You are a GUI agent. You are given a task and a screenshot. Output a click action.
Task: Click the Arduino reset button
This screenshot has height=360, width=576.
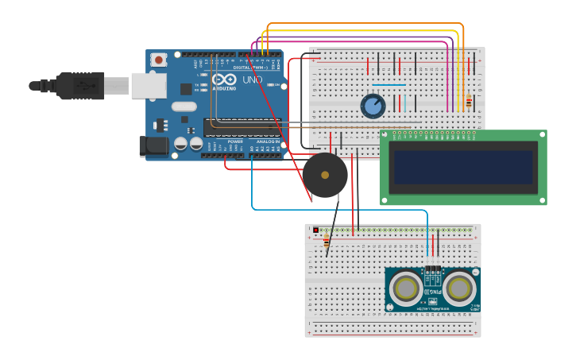tap(159, 60)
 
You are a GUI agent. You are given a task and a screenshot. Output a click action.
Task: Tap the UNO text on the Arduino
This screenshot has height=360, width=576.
tap(252, 80)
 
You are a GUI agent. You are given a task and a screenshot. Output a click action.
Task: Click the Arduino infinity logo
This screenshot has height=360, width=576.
tap(223, 79)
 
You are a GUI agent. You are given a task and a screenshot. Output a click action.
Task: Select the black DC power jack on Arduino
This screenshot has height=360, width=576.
tap(153, 145)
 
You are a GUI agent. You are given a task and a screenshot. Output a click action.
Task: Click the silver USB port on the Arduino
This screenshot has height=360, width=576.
tap(149, 85)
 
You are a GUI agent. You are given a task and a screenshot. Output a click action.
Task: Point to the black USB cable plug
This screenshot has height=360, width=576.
tap(79, 85)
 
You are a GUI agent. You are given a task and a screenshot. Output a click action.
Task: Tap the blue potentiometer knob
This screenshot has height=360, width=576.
tap(373, 106)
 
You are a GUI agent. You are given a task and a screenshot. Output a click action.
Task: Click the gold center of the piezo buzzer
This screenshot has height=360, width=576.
tap(325, 175)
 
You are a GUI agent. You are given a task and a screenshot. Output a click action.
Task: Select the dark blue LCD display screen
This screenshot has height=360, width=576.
tap(462, 167)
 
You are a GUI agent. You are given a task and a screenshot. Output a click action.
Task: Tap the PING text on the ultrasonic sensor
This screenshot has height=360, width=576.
tap(433, 292)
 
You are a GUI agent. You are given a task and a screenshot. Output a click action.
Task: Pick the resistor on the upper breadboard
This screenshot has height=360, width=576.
tap(468, 102)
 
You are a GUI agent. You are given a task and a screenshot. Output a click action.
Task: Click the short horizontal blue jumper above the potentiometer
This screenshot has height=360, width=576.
tap(389, 84)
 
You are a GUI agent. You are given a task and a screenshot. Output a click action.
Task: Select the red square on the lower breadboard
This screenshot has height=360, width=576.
tap(315, 230)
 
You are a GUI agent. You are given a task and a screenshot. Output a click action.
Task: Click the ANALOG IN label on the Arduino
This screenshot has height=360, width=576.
tap(265, 141)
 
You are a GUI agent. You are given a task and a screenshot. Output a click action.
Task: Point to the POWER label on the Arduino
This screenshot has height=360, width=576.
tap(235, 141)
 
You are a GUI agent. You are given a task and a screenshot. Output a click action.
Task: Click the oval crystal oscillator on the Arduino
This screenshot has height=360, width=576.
tap(184, 106)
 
